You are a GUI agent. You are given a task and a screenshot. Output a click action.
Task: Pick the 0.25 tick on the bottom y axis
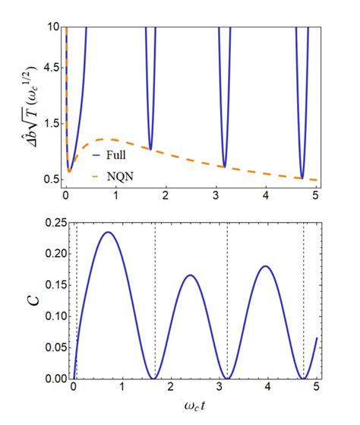pyautogui.click(x=50, y=221)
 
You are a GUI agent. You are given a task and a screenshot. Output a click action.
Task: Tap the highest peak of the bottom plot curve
pyautogui.click(x=108, y=232)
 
